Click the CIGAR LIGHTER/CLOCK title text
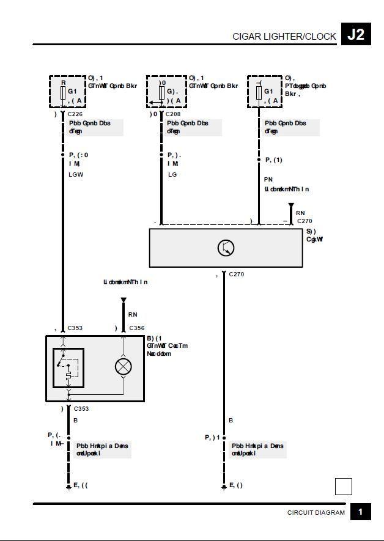[x=284, y=37]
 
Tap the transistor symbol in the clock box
[x=226, y=248]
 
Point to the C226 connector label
[x=75, y=114]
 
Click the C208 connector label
[x=173, y=114]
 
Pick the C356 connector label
[x=136, y=328]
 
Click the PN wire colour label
[x=268, y=180]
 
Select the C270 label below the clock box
[x=236, y=274]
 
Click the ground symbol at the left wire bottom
[x=68, y=487]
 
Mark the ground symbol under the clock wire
[x=224, y=487]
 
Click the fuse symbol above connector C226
[x=63, y=92]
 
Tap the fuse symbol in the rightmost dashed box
[x=259, y=92]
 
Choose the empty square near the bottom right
[x=344, y=487]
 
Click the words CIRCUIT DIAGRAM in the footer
[x=316, y=513]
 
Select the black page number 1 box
[x=361, y=512]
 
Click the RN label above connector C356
[x=133, y=315]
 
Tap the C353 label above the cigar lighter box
[x=75, y=328]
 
